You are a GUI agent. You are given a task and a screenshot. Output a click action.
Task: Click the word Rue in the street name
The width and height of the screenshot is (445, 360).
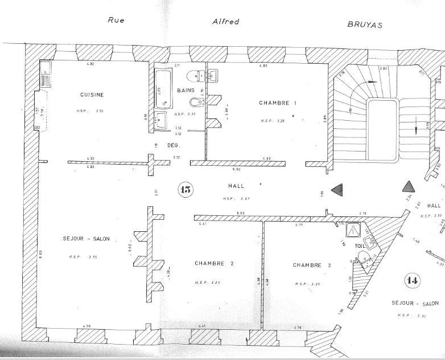pos(116,20)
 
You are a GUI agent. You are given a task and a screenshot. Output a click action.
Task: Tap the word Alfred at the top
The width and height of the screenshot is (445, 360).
pos(225,22)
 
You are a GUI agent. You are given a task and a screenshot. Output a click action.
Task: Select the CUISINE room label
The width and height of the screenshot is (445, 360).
pos(92,95)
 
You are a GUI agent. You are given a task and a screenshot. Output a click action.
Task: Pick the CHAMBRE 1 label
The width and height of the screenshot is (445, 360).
pos(278,103)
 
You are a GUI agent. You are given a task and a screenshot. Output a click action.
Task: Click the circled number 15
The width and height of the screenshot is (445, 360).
pos(185,190)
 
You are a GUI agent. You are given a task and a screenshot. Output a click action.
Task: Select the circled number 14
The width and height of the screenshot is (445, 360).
pos(413,280)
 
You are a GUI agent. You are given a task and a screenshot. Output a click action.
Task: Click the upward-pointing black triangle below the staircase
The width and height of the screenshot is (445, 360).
pos(408,186)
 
